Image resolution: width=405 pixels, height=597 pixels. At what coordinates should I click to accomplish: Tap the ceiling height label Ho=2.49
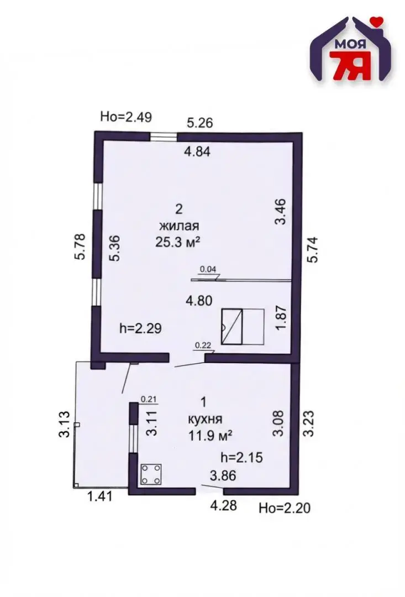pyautogui.click(x=126, y=117)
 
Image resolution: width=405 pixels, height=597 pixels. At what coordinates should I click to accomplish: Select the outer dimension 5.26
pyautogui.click(x=199, y=123)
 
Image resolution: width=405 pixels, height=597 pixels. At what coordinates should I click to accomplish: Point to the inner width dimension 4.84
pyautogui.click(x=197, y=151)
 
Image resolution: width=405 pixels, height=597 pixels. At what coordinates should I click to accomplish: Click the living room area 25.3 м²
pyautogui.click(x=178, y=242)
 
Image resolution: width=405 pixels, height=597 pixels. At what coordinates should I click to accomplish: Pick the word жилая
pyautogui.click(x=179, y=226)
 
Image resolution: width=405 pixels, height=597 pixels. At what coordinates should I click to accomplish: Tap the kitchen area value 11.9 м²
pyautogui.click(x=211, y=436)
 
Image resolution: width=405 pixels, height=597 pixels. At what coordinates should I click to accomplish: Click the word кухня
pyautogui.click(x=205, y=419)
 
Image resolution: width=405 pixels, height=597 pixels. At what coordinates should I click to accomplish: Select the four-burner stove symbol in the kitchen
pyautogui.click(x=151, y=474)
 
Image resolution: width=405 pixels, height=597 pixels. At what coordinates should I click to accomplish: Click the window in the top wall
pyautogui.click(x=164, y=137)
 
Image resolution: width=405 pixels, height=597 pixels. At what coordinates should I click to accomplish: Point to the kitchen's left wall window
pyautogui.click(x=133, y=438)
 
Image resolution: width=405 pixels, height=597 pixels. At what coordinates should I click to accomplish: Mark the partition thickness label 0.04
pyautogui.click(x=208, y=269)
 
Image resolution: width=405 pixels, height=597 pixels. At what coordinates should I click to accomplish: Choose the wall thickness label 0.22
pyautogui.click(x=202, y=345)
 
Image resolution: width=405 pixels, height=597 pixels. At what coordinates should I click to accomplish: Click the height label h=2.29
pyautogui.click(x=140, y=328)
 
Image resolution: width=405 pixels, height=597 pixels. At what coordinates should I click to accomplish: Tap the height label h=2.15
pyautogui.click(x=241, y=457)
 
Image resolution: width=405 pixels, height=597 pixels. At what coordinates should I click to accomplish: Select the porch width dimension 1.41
pyautogui.click(x=99, y=496)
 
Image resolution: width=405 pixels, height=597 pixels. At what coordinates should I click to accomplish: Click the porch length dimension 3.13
pyautogui.click(x=65, y=424)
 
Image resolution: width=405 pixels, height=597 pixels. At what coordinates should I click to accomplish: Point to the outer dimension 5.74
pyautogui.click(x=312, y=249)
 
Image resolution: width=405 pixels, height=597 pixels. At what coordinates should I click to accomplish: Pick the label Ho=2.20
pyautogui.click(x=285, y=507)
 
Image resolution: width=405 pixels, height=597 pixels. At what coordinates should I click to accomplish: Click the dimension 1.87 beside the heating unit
pyautogui.click(x=280, y=318)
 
